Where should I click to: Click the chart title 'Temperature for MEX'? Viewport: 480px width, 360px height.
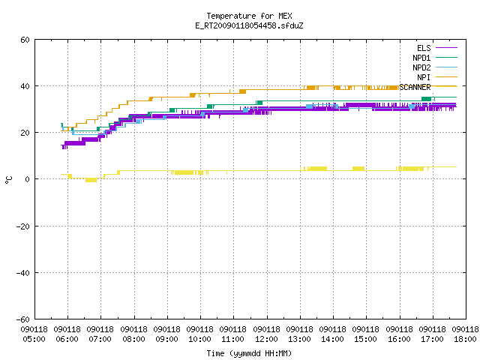pyautogui.click(x=249, y=16)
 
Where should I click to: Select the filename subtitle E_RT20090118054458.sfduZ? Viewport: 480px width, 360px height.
pyautogui.click(x=249, y=25)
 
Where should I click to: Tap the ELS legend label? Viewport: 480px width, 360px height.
pyautogui.click(x=424, y=48)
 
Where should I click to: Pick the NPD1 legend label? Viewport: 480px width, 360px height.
pyautogui.click(x=421, y=58)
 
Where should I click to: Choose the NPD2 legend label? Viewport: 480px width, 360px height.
pyautogui.click(x=421, y=67)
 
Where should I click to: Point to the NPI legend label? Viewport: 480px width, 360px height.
pyautogui.click(x=424, y=77)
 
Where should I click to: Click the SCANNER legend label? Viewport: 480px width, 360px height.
pyautogui.click(x=415, y=87)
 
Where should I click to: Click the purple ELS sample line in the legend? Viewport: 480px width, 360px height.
pyautogui.click(x=447, y=48)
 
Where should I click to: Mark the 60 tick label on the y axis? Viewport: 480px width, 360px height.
pyautogui.click(x=25, y=40)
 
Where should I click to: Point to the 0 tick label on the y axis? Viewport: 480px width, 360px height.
pyautogui.click(x=28, y=179)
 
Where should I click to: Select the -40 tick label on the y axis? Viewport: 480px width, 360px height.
pyautogui.click(x=23, y=273)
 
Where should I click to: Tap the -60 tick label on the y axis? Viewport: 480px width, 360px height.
pyautogui.click(x=23, y=319)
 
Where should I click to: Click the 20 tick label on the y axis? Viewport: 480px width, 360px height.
pyautogui.click(x=25, y=133)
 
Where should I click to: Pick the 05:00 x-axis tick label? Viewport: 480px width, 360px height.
pyautogui.click(x=34, y=339)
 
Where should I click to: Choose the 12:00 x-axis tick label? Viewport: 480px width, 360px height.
pyautogui.click(x=266, y=339)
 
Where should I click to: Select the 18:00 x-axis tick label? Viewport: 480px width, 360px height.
pyautogui.click(x=465, y=339)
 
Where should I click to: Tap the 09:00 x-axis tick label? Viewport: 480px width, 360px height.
pyautogui.click(x=166, y=339)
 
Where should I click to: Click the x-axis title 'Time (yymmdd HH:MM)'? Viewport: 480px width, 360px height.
pyautogui.click(x=249, y=353)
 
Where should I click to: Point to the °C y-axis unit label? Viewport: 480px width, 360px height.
pyautogui.click(x=9, y=180)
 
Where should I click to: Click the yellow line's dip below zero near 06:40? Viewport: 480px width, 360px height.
pyautogui.click(x=91, y=180)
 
